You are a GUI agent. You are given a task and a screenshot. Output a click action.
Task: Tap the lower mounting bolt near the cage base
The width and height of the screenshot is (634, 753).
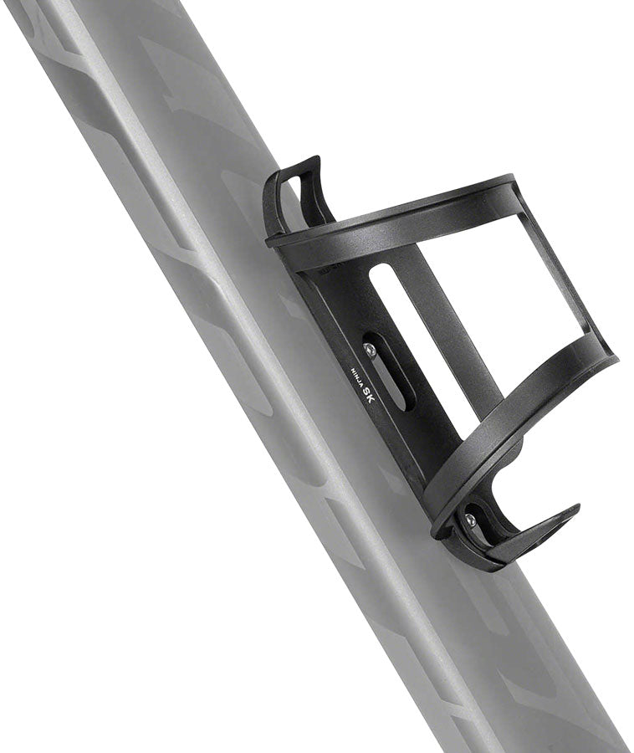point(470,520)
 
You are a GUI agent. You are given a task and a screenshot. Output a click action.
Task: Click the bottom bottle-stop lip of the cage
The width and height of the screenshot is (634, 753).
point(535,531)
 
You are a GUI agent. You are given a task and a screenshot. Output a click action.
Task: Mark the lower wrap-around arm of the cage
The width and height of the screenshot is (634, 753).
point(519,418)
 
